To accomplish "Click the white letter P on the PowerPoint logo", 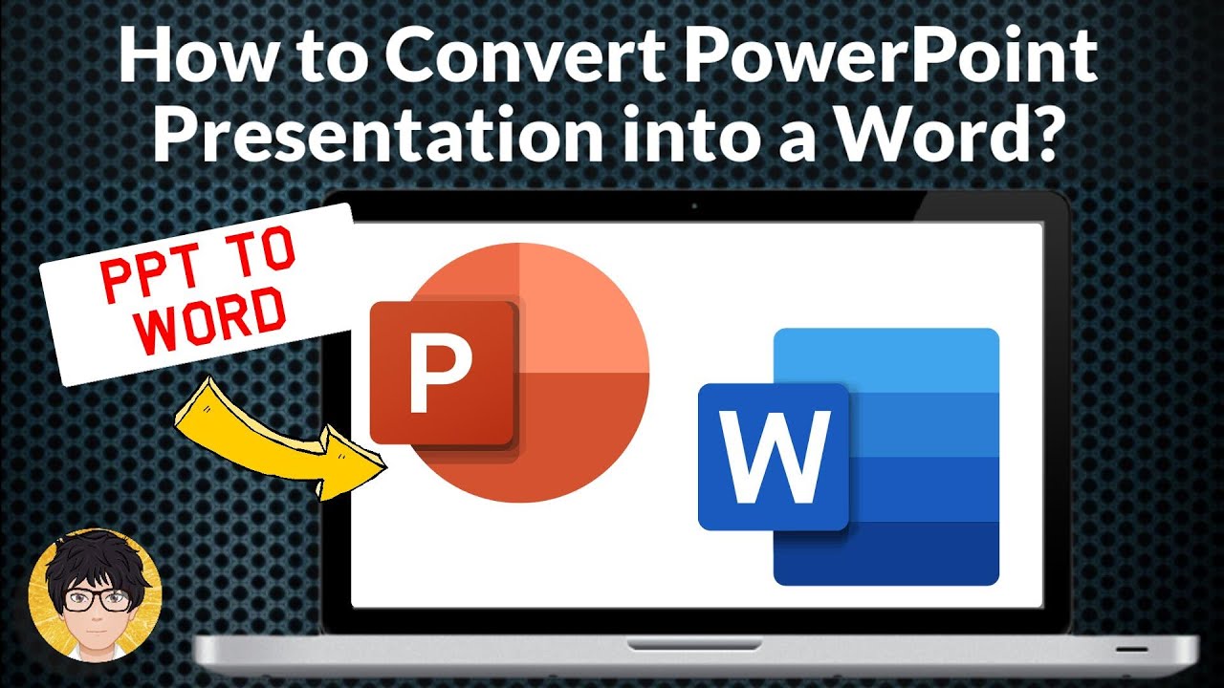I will (x=441, y=374).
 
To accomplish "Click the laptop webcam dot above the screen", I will (x=694, y=205).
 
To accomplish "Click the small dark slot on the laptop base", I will (x=1132, y=649).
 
